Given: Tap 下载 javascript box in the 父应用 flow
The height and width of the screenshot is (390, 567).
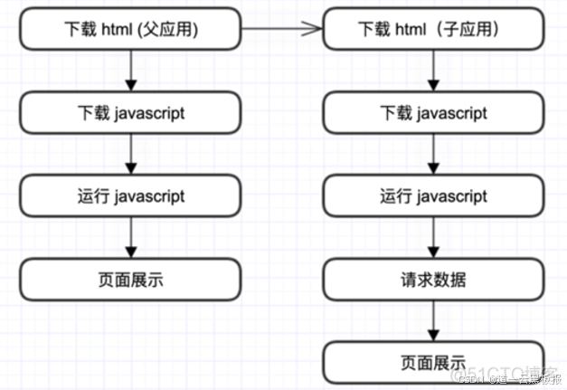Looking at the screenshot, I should [x=130, y=115].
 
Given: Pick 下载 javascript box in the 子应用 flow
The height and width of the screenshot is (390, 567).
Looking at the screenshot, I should [x=433, y=115].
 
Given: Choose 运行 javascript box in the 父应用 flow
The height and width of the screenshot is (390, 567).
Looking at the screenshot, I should [x=130, y=196].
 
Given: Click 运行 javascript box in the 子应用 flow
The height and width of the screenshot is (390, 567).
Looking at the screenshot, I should [x=433, y=196].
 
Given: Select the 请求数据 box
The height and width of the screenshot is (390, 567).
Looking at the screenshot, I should [x=433, y=280].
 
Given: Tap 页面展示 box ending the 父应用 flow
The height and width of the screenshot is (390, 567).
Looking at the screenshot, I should [x=130, y=280].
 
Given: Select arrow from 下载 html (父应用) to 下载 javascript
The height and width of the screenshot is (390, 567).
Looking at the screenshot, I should [x=130, y=72].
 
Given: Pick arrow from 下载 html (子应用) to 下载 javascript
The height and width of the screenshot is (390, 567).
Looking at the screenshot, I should [x=433, y=72].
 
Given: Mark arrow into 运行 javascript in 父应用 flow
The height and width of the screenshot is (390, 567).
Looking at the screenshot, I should [x=130, y=156].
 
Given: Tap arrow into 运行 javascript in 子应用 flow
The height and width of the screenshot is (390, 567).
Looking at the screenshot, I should [x=433, y=156].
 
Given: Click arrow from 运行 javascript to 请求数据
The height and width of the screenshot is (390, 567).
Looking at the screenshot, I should [x=433, y=238].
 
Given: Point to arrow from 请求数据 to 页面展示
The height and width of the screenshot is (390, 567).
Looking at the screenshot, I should [x=433, y=320].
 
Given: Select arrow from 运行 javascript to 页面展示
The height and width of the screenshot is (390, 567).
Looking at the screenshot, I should [x=130, y=238].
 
